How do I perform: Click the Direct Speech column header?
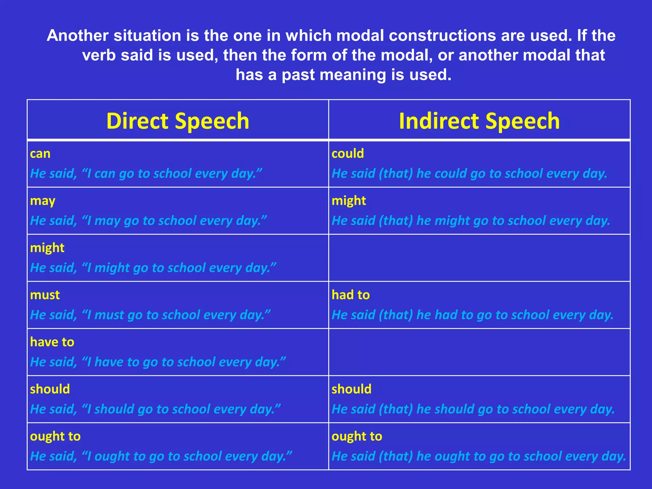[x=178, y=121]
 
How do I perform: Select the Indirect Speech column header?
[x=479, y=121]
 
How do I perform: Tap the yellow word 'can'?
[x=40, y=154]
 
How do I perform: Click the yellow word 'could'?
[x=348, y=154]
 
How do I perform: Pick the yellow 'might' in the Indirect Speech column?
[x=349, y=201]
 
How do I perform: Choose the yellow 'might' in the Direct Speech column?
[x=47, y=248]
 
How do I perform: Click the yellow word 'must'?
[x=45, y=295]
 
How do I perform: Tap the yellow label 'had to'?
[x=351, y=295]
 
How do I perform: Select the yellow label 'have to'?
[x=52, y=342]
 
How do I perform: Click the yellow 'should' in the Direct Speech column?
[x=50, y=389]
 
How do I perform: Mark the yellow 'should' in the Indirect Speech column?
[x=351, y=389]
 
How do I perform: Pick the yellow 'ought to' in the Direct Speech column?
[x=55, y=436]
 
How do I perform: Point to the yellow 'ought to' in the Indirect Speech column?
[x=357, y=436]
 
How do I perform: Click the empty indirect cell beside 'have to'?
[x=479, y=352]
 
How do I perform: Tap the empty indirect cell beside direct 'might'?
[x=479, y=258]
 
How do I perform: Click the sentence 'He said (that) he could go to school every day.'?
[x=470, y=174]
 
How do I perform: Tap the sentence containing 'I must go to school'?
[x=150, y=315]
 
